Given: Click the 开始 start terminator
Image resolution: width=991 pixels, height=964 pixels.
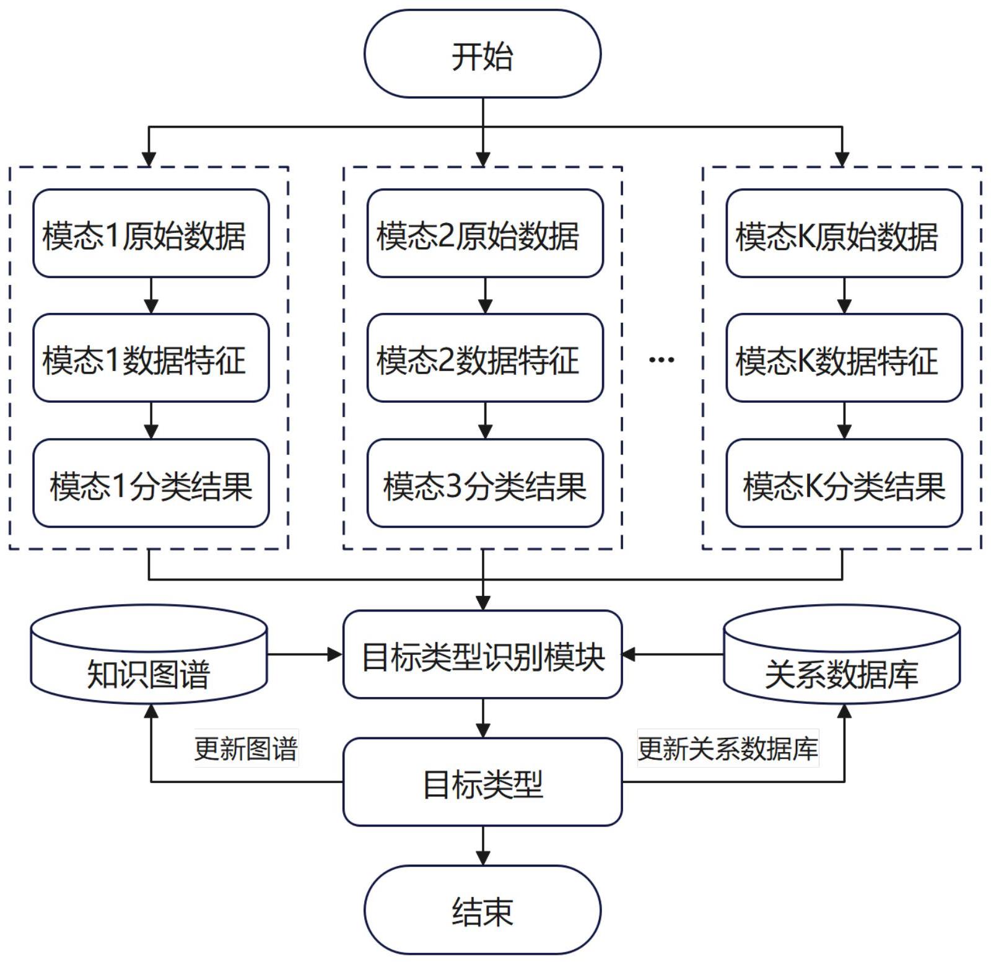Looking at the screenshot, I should coord(482,54).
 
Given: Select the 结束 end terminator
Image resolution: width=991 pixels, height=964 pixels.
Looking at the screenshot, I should coord(482,910).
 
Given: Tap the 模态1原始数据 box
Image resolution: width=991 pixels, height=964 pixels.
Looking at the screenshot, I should coord(151,234).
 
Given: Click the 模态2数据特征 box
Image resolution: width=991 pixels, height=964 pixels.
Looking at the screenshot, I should coord(485,358).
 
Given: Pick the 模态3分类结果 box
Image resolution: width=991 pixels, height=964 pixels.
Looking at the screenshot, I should coord(485,484).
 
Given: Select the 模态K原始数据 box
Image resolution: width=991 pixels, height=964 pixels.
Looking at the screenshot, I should coord(844,234).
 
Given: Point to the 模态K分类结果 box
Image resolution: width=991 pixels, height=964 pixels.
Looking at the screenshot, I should coord(844,484).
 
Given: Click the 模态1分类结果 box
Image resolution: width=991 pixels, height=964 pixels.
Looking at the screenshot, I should coord(151,484).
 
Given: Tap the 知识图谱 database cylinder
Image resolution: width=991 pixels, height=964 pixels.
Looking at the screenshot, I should coord(149,657).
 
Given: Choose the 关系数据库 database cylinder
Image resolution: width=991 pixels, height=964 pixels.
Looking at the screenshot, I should coord(842,657).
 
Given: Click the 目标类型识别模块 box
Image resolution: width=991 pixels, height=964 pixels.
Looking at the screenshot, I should coord(482,655).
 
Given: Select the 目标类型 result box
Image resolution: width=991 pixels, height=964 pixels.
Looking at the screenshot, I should coord(482,782).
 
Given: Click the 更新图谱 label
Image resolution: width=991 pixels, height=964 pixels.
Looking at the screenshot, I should coord(246,748).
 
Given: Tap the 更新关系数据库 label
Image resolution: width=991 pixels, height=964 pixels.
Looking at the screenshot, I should coord(728,748).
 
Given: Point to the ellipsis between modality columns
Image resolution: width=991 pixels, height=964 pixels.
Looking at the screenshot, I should coord(661,359).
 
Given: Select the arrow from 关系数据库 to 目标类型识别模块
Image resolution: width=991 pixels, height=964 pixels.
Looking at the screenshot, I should coord(673,654).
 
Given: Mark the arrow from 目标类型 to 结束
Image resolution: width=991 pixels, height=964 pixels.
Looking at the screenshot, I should coord(482,846).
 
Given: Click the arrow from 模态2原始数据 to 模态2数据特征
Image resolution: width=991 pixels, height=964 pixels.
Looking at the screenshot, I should coord(485,296).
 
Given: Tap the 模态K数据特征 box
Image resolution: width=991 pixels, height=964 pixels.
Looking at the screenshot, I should coord(844,358).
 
